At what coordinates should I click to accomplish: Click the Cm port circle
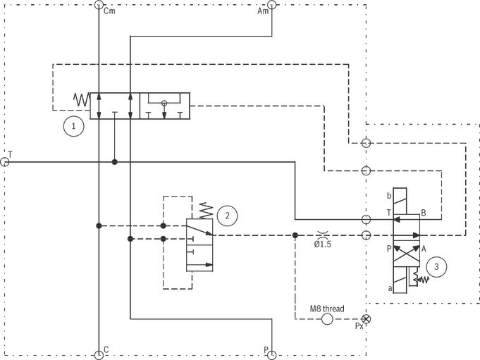click(99, 5)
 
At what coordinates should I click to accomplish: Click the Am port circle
click(272, 5)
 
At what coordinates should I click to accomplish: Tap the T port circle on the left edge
click(5, 162)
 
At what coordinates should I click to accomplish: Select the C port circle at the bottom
click(99, 355)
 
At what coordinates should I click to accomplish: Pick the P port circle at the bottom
click(272, 355)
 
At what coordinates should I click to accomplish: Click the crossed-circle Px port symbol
click(366, 319)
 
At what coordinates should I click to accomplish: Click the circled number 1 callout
click(73, 126)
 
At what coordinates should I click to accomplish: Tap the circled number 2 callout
click(227, 216)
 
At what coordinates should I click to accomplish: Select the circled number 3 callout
click(436, 267)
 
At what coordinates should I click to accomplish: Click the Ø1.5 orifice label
click(323, 244)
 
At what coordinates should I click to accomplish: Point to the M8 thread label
click(327, 309)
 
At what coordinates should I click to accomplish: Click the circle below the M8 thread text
click(327, 319)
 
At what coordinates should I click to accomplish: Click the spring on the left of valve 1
click(82, 100)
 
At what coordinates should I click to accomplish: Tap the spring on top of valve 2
click(206, 211)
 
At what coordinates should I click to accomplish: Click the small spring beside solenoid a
click(421, 278)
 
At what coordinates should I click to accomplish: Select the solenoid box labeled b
click(400, 201)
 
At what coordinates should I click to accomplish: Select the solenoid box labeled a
click(400, 280)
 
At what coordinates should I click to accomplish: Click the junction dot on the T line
click(114, 162)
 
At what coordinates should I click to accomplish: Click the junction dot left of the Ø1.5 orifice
click(295, 235)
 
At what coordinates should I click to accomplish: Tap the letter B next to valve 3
click(424, 213)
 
